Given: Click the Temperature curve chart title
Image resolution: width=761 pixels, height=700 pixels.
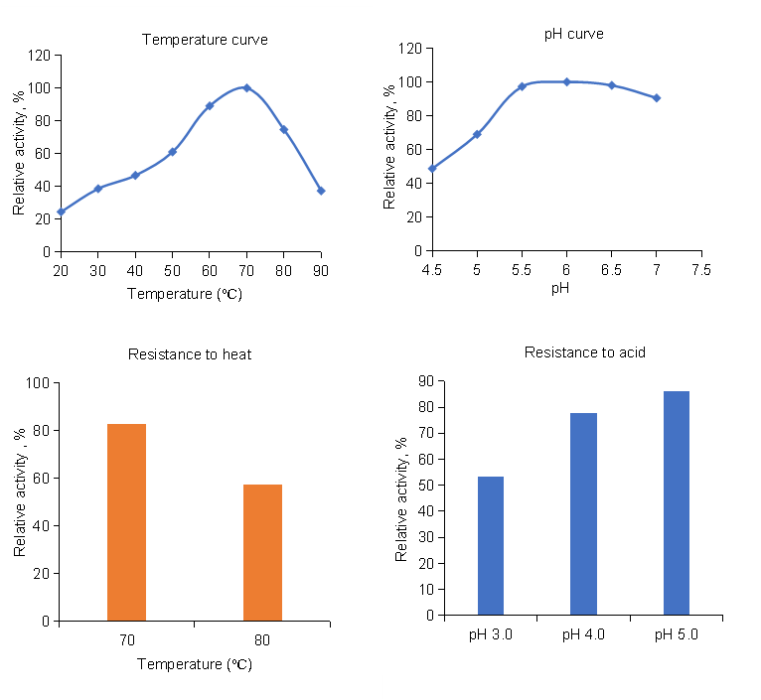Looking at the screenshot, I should (x=205, y=40).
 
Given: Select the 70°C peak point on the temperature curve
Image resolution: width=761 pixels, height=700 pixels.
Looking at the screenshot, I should (x=246, y=87).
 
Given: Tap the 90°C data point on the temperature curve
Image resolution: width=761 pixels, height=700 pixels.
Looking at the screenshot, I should (x=321, y=191).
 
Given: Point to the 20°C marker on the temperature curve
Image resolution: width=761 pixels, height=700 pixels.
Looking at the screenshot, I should (x=61, y=211).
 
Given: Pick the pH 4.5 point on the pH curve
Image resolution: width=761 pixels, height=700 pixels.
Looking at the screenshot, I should (x=432, y=168).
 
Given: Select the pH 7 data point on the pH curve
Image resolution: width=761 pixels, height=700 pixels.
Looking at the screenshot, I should (x=657, y=97).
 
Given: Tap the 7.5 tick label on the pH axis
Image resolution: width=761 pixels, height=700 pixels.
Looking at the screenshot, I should (x=701, y=268).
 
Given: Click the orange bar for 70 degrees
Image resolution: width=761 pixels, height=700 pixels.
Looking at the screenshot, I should (x=126, y=522).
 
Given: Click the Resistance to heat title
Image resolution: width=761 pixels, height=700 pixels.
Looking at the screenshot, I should (x=189, y=354).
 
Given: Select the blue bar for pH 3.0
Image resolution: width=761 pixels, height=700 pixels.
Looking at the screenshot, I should (x=491, y=545).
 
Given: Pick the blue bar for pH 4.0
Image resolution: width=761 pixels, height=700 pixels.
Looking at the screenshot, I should (x=583, y=513).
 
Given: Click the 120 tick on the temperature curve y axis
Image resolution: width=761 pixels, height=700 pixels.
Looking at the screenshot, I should (x=41, y=56).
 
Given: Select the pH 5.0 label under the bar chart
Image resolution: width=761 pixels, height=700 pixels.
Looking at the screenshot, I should (x=676, y=634).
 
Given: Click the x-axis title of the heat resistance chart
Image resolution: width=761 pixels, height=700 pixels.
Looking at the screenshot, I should (x=195, y=664).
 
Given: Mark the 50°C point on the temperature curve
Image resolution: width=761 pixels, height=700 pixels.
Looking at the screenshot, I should (x=172, y=152).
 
